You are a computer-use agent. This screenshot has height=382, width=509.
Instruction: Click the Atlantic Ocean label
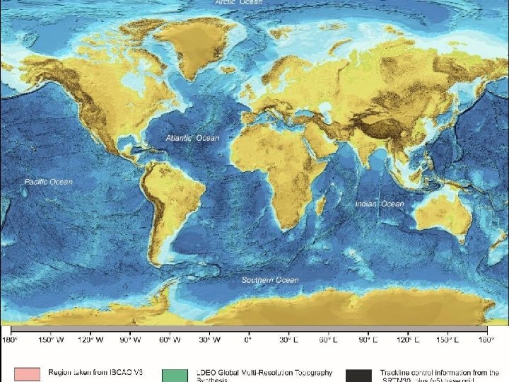[x=192, y=138]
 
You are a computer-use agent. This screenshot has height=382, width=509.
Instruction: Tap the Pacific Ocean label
[x=48, y=182]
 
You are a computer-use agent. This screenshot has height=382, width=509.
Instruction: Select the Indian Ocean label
[x=380, y=204]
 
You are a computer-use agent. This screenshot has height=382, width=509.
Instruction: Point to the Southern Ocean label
[x=270, y=280]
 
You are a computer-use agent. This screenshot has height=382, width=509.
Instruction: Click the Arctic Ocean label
[x=239, y=3]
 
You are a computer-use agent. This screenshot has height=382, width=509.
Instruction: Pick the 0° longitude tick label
[x=248, y=340]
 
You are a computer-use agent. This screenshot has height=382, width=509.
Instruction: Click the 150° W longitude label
[x=51, y=340]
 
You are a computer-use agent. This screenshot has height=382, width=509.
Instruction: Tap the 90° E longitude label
[x=366, y=340]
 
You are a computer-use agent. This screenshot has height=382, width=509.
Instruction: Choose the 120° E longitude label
[x=406, y=340]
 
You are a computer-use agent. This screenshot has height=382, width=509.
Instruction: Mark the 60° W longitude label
[x=170, y=340]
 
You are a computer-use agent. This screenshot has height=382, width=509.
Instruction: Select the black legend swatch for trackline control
[x=358, y=375]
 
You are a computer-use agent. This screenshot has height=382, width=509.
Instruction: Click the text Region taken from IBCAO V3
[x=95, y=372]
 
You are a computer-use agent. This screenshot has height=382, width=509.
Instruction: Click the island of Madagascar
[x=320, y=206]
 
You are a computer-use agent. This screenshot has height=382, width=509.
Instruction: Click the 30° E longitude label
[x=287, y=340]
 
